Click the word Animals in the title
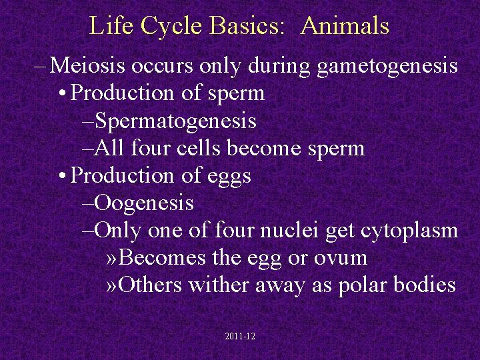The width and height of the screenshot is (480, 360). pos(345,26)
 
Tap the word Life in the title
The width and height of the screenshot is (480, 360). pos(106,26)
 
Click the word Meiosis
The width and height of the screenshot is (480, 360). pos(89,66)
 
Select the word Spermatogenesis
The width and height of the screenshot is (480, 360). pos(176,121)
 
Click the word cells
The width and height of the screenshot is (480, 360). pos(201,148)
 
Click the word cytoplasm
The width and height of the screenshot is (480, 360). pos(409,231)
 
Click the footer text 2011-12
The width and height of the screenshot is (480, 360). pos(240,337)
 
